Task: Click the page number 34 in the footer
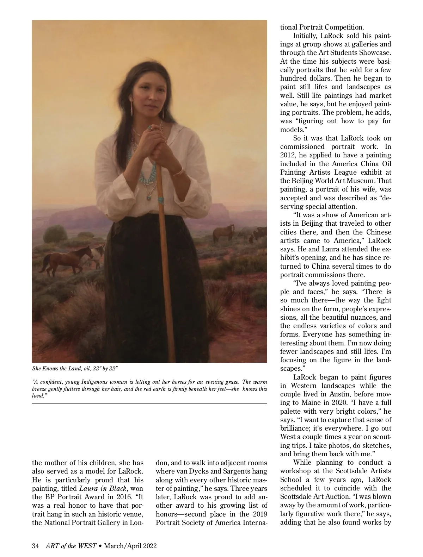[35, 546]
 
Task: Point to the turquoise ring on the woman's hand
[150, 127]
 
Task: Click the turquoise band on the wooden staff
[161, 201]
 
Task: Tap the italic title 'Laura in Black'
[103, 488]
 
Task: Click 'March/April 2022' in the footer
[130, 546]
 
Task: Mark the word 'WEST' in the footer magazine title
[87, 546]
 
